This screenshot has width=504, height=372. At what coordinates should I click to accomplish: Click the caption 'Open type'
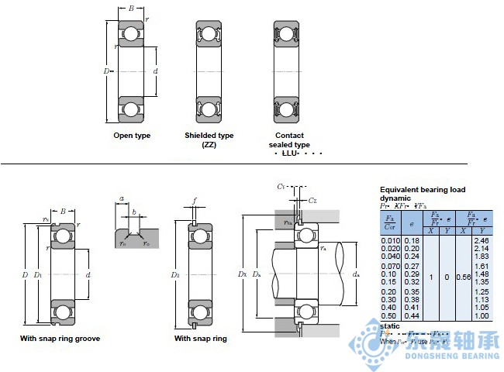tap(132, 136)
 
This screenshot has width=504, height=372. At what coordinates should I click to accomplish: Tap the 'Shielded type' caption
tap(209, 136)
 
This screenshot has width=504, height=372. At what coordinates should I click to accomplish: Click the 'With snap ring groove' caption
tap(60, 339)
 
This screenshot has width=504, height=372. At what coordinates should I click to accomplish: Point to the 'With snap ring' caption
tap(200, 339)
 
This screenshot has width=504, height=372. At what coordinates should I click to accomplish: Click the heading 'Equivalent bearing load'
tap(422, 189)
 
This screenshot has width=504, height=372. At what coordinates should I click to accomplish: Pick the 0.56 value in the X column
tap(463, 276)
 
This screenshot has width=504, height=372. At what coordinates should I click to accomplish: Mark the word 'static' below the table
tap(390, 325)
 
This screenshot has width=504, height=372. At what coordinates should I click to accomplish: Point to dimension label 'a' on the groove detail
tap(123, 199)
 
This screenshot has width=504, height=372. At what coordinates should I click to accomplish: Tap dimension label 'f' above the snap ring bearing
tap(195, 200)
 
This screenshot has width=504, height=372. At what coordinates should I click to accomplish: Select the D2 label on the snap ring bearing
tap(175, 275)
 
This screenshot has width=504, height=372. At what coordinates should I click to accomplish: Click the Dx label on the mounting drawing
tap(243, 275)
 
